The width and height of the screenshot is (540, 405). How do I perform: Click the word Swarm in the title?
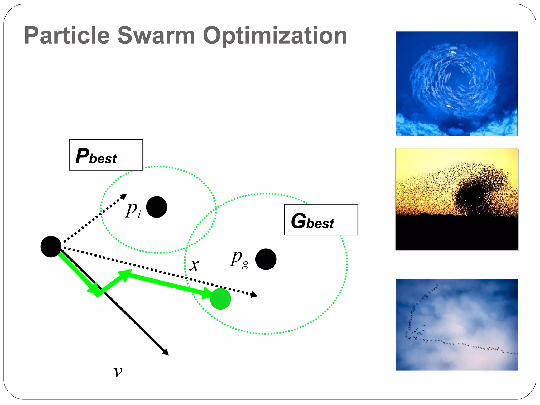click(156, 36)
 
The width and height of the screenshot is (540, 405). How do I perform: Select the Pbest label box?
click(106, 155)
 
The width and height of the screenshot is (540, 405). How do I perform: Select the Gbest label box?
click(321, 219)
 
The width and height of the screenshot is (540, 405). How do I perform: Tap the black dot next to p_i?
click(157, 207)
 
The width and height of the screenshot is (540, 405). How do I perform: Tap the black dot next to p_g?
click(266, 259)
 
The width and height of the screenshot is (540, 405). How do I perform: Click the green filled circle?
click(220, 298)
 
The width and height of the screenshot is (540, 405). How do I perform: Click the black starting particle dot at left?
click(51, 246)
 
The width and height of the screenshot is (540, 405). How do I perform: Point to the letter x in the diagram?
click(195, 265)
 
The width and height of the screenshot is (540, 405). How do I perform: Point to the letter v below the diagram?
click(118, 372)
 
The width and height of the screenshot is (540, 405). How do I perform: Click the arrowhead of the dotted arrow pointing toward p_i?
click(124, 196)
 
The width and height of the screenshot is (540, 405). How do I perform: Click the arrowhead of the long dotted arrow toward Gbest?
click(254, 295)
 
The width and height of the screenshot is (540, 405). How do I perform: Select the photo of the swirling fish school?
click(456, 84)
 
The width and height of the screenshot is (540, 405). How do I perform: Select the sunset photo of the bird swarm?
click(456, 199)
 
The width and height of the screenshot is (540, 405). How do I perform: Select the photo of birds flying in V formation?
click(456, 324)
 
